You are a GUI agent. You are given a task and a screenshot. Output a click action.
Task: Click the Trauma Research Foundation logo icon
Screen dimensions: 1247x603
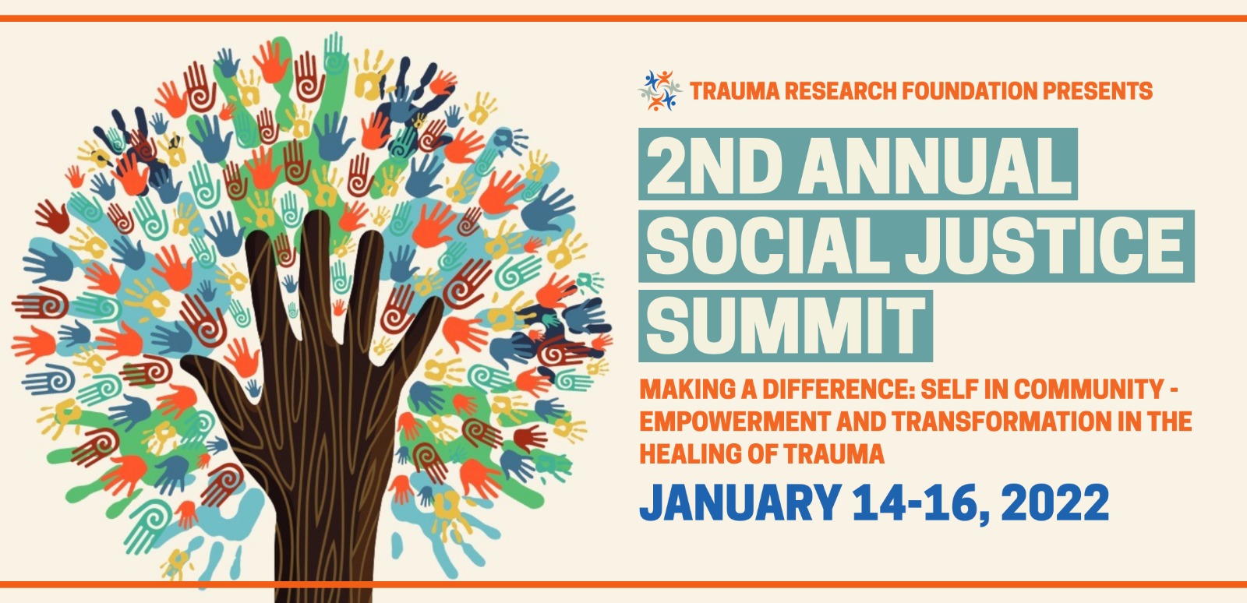(659, 90)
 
